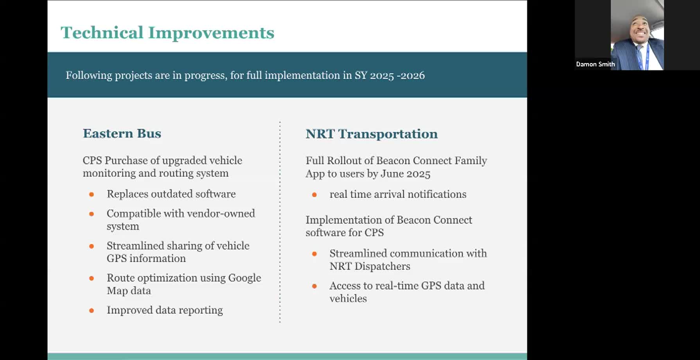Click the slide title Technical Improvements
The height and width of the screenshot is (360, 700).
167,33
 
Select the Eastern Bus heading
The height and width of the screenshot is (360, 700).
122,133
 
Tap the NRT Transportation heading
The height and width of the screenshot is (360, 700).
372,134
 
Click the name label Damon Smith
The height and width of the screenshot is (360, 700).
595,64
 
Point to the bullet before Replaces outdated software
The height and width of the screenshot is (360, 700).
92,194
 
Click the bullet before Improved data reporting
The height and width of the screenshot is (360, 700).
92,311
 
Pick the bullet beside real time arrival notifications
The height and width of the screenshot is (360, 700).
314,195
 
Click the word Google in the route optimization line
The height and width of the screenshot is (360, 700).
245,278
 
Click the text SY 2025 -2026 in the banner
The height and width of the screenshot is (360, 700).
389,75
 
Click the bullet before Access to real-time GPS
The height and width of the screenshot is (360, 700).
314,286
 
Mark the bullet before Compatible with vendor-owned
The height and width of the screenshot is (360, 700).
92,214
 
